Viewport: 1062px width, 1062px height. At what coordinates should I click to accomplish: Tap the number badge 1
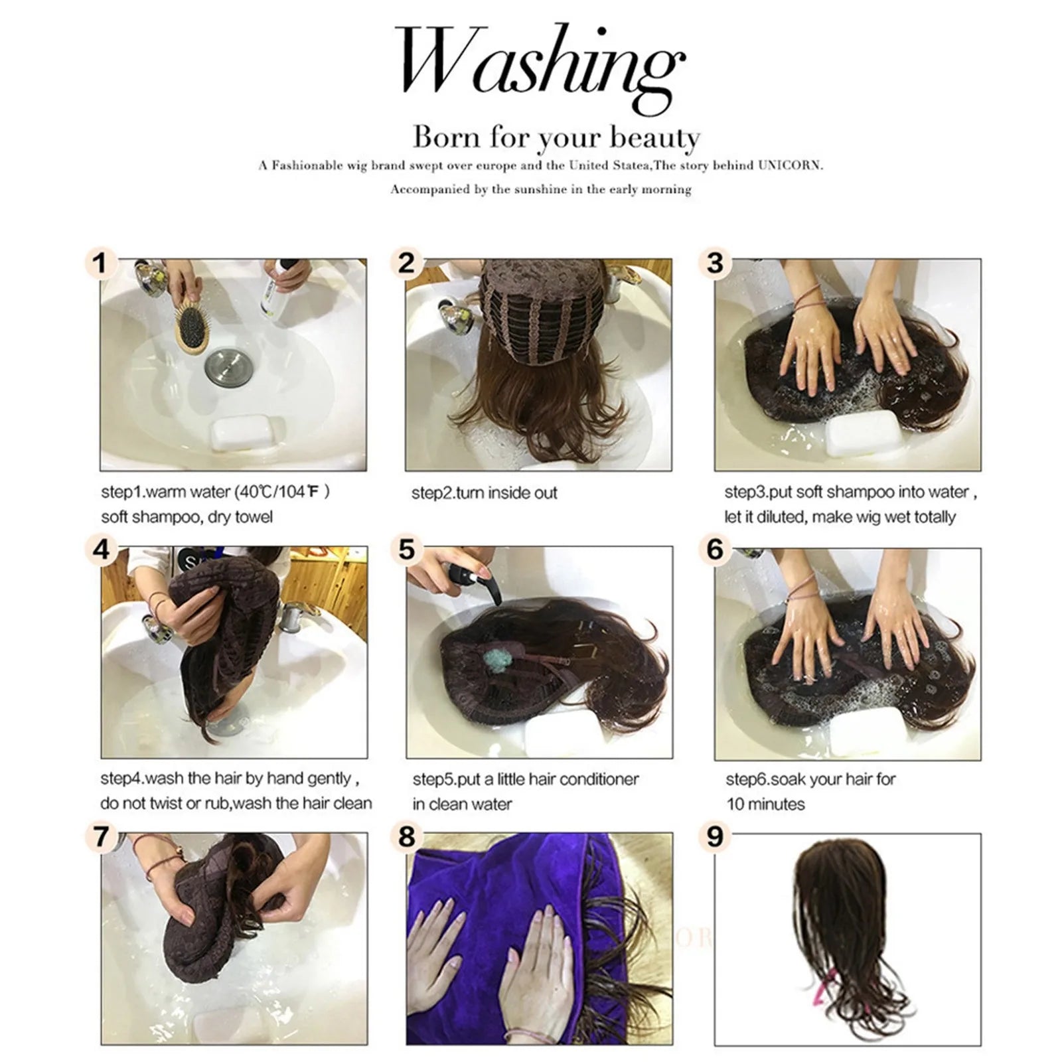pos(100,264)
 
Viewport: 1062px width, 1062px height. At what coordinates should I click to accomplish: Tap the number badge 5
pos(406,550)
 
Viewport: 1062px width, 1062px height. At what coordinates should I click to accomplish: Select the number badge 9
pos(714,836)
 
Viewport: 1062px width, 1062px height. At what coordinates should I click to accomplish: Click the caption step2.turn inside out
pos(484,493)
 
